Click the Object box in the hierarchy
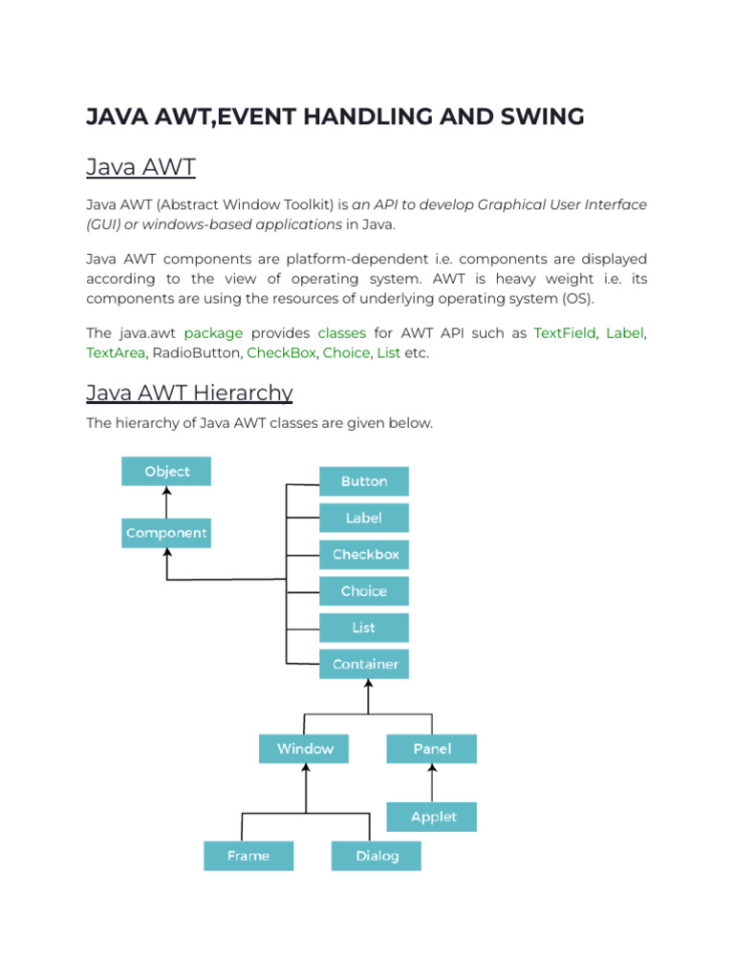point(166,472)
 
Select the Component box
point(166,533)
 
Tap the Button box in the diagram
point(364,481)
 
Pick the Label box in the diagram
point(364,518)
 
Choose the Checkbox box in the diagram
point(364,554)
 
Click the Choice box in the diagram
point(364,591)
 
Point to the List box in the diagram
point(364,627)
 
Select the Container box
point(364,664)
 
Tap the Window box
point(304,749)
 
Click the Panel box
point(431,749)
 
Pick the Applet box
point(431,817)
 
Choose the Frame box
point(248,856)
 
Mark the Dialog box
point(377,856)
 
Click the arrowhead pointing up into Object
point(166,492)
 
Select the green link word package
point(213,332)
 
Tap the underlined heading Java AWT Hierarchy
point(189,393)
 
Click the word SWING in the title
point(537,117)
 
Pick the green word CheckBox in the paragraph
point(281,353)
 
